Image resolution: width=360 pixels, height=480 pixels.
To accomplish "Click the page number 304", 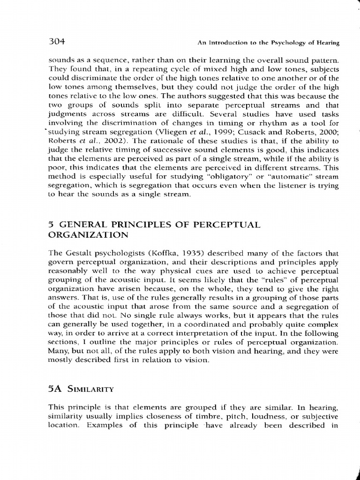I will [56, 42].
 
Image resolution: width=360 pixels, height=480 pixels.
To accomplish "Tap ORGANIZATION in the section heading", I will [87, 235].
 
